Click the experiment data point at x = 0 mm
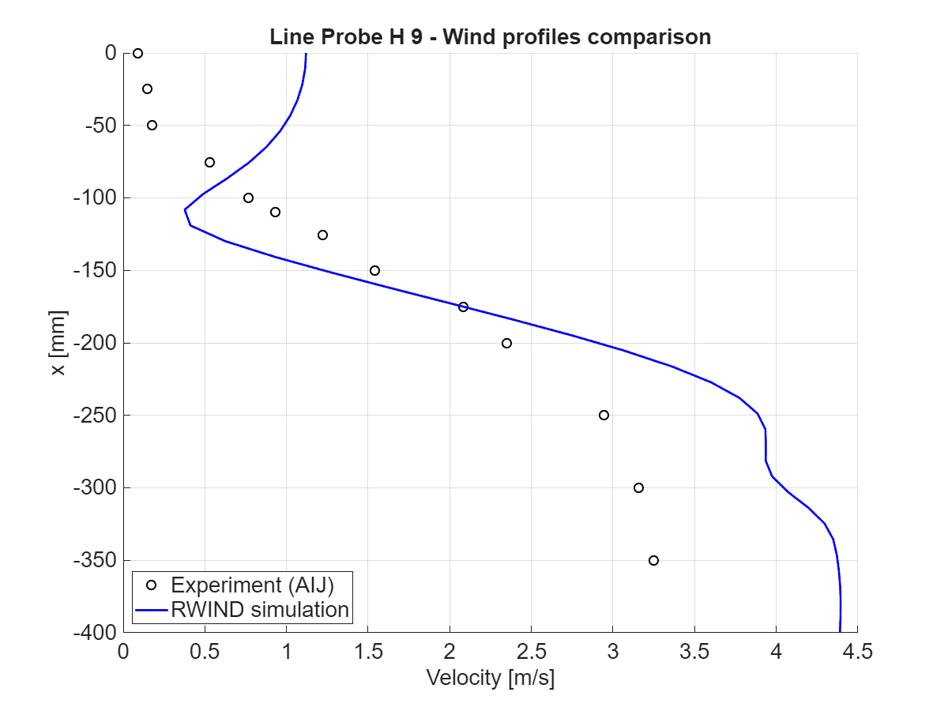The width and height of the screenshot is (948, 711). pyautogui.click(x=137, y=53)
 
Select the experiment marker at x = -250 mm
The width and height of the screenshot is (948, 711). pyautogui.click(x=604, y=415)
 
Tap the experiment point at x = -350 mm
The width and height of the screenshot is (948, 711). pyautogui.click(x=653, y=560)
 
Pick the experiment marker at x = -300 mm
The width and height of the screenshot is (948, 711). pyautogui.click(x=638, y=487)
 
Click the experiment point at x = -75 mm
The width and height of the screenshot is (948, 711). pyautogui.click(x=209, y=162)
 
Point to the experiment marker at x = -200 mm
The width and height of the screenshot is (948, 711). pyautogui.click(x=506, y=343)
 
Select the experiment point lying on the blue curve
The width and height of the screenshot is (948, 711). pyautogui.click(x=463, y=307)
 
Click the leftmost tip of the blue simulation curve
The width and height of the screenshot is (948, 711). pyautogui.click(x=185, y=209)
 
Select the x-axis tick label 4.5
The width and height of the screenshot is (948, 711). pyautogui.click(x=856, y=653)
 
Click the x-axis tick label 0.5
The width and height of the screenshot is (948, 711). pyautogui.click(x=205, y=653)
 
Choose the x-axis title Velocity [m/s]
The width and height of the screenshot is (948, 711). pyautogui.click(x=490, y=678)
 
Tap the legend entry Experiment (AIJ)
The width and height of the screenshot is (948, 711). pyautogui.click(x=252, y=585)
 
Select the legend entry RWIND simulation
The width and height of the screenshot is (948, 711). pyautogui.click(x=260, y=609)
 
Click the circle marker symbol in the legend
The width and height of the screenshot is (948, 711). pyautogui.click(x=153, y=585)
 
